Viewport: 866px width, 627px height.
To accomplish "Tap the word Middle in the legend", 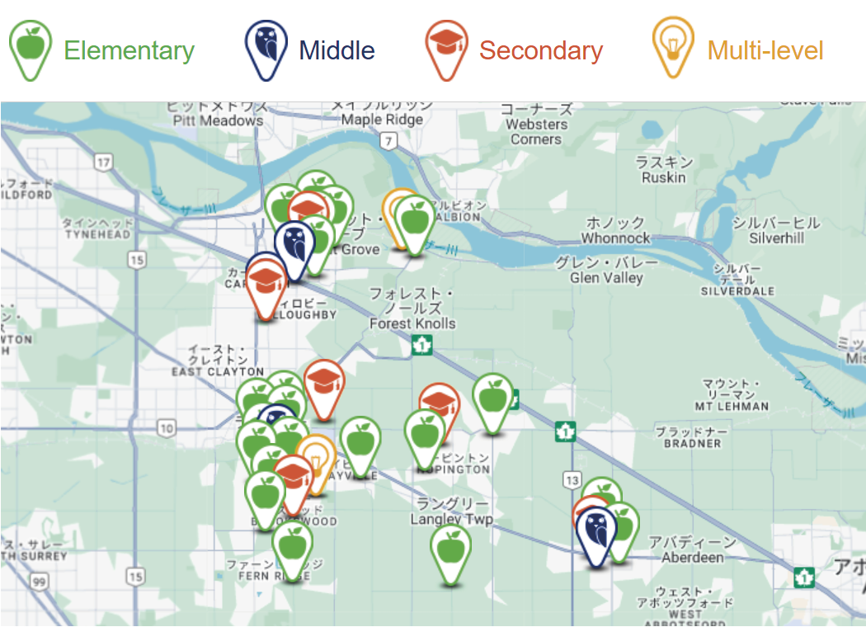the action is click(x=337, y=51).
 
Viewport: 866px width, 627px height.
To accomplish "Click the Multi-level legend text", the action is click(x=765, y=51).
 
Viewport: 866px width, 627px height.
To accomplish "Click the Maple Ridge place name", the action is click(x=382, y=120).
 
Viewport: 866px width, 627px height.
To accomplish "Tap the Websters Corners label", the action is click(x=536, y=132).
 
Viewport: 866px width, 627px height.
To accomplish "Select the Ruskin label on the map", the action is click(x=664, y=177).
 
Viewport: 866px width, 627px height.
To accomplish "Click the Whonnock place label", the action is click(x=615, y=238).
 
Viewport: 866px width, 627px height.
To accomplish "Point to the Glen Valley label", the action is click(x=606, y=278).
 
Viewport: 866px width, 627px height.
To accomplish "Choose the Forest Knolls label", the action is click(x=412, y=323).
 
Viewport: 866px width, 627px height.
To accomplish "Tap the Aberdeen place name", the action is click(x=692, y=558).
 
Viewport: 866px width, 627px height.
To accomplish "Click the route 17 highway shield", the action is click(x=102, y=162).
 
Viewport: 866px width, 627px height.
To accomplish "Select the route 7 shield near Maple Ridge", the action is click(x=388, y=142).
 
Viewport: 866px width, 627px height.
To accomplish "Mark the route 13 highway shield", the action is click(x=571, y=479).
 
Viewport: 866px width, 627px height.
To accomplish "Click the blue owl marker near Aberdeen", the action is click(x=596, y=535).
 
